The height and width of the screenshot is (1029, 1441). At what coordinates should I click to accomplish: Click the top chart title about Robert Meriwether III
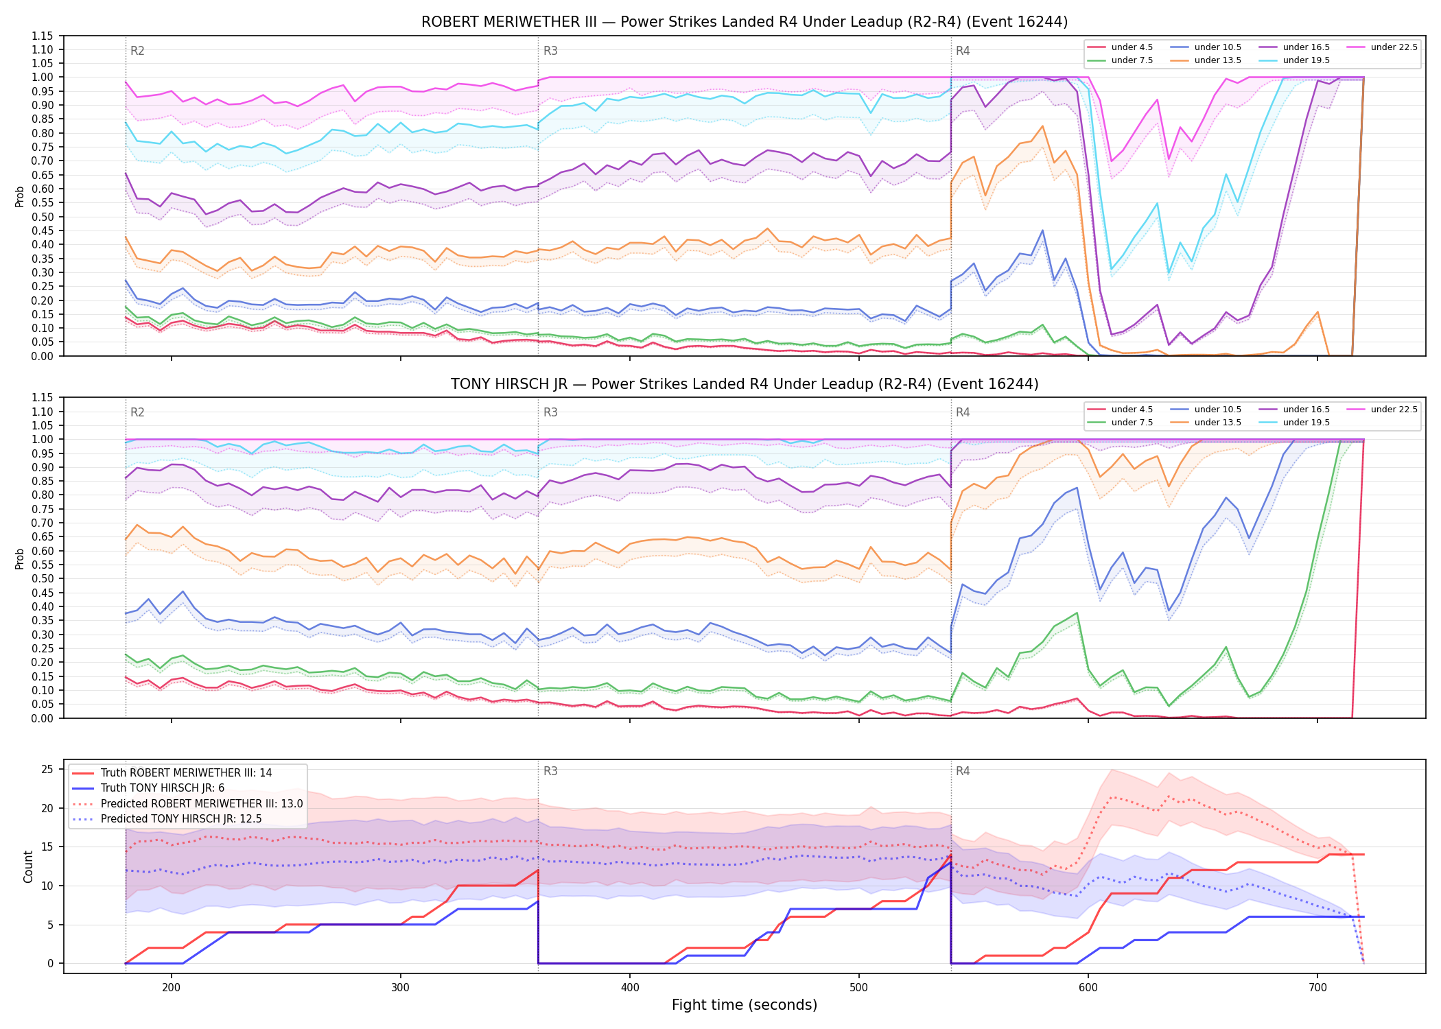click(x=745, y=22)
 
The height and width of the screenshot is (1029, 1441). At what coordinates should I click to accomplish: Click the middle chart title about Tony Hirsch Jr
click(x=745, y=384)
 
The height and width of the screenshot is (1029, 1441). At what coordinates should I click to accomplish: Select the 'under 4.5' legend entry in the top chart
click(x=1120, y=47)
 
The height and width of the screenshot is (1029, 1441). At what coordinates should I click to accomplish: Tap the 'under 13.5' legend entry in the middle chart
click(x=1206, y=423)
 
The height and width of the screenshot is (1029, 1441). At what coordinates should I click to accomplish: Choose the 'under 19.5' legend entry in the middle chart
click(x=1294, y=423)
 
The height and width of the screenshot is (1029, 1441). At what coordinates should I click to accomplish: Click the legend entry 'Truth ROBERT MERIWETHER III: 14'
click(x=172, y=773)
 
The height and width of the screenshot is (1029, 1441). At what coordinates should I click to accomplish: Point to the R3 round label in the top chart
click(x=550, y=51)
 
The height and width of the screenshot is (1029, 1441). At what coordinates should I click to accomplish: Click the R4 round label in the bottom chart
click(x=963, y=771)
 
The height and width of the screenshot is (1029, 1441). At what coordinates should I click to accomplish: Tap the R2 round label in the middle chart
click(x=137, y=412)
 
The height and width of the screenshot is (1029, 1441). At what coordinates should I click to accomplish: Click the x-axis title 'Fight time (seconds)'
click(x=745, y=1005)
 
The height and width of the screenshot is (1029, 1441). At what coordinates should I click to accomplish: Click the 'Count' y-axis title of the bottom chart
click(x=28, y=866)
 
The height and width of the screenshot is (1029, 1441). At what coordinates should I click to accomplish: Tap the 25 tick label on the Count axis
click(x=47, y=770)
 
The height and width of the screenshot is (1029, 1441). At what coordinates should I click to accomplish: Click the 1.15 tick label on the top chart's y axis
click(x=43, y=36)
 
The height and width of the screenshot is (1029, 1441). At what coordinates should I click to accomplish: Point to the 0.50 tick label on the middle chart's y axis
click(x=43, y=578)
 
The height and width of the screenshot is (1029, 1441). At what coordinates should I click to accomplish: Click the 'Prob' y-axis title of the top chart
click(x=20, y=196)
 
